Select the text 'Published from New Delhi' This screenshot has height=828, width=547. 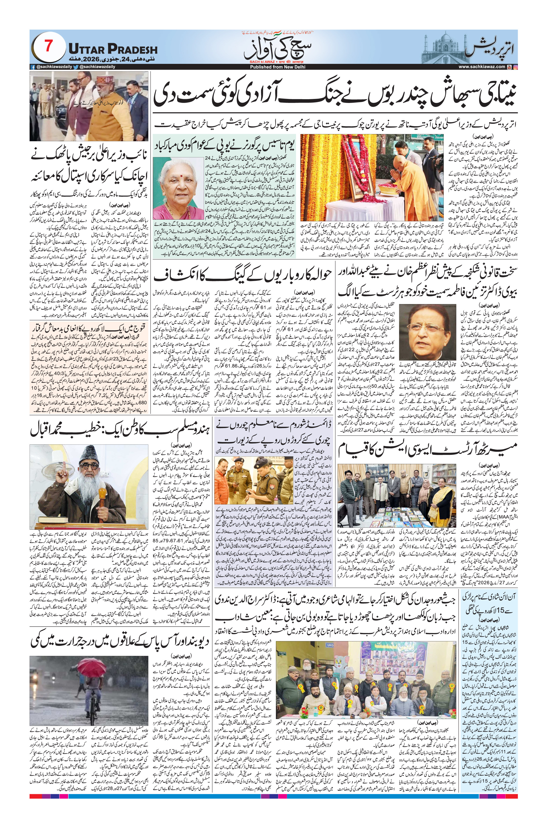pyautogui.click(x=273, y=67)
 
